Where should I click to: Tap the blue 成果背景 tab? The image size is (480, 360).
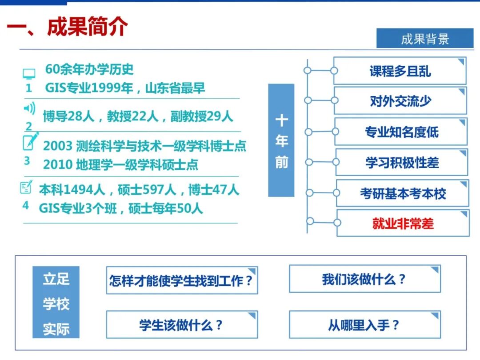click(425, 39)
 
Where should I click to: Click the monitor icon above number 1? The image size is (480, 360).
click(29, 73)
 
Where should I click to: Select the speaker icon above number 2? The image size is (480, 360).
click(29, 108)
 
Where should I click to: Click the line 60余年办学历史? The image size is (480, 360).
click(89, 69)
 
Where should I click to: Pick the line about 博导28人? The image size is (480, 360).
click(138, 116)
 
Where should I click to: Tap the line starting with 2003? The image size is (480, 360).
click(144, 146)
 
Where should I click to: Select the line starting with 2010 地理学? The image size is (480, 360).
click(120, 164)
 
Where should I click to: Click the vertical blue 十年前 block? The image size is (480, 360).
click(281, 140)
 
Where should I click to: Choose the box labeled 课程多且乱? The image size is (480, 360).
click(400, 71)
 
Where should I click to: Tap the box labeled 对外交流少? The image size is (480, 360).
click(400, 101)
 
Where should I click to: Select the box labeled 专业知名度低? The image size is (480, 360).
click(401, 132)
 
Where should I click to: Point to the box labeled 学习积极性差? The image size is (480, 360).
click(402, 163)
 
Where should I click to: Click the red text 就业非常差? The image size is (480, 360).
click(403, 223)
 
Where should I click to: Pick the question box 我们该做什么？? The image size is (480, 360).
click(364, 280)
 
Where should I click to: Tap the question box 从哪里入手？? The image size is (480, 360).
click(364, 325)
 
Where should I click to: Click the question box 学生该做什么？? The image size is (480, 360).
click(182, 325)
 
